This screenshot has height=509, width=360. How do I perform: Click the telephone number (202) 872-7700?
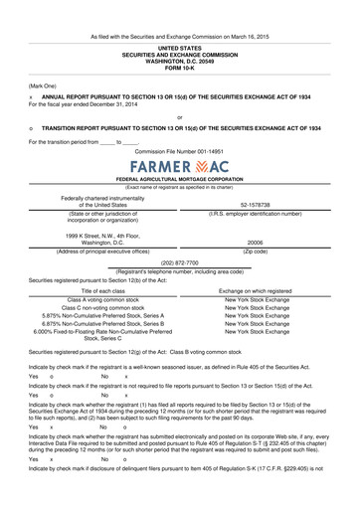coord(179,262)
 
